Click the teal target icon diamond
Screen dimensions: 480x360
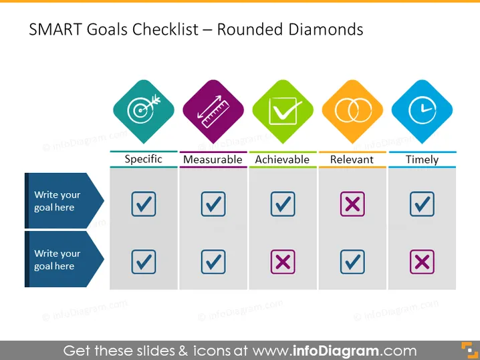[x=144, y=112]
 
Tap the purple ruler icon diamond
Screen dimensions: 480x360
[x=213, y=112]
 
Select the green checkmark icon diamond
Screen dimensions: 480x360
[x=283, y=112]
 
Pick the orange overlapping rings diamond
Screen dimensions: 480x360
[x=352, y=112]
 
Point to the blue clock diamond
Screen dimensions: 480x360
[x=422, y=112]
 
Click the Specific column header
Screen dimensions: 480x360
[x=144, y=159]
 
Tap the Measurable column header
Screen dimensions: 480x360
[x=213, y=160]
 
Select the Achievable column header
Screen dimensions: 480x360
[x=283, y=160]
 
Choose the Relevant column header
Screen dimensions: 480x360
[x=352, y=160]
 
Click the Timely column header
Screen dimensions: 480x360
[x=422, y=160]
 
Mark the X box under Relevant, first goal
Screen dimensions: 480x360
[x=352, y=204]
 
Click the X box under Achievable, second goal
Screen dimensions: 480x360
[x=283, y=262]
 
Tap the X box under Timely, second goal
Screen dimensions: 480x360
[x=422, y=262]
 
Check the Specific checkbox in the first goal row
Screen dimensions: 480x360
[x=144, y=204]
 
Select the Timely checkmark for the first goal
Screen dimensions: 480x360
[x=422, y=204]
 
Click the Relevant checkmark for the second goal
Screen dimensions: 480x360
[x=352, y=262]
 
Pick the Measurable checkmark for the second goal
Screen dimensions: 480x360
[x=213, y=262]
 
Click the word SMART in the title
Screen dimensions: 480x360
[x=55, y=29]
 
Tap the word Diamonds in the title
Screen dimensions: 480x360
[x=326, y=29]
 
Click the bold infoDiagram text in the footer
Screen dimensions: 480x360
[x=336, y=351]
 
